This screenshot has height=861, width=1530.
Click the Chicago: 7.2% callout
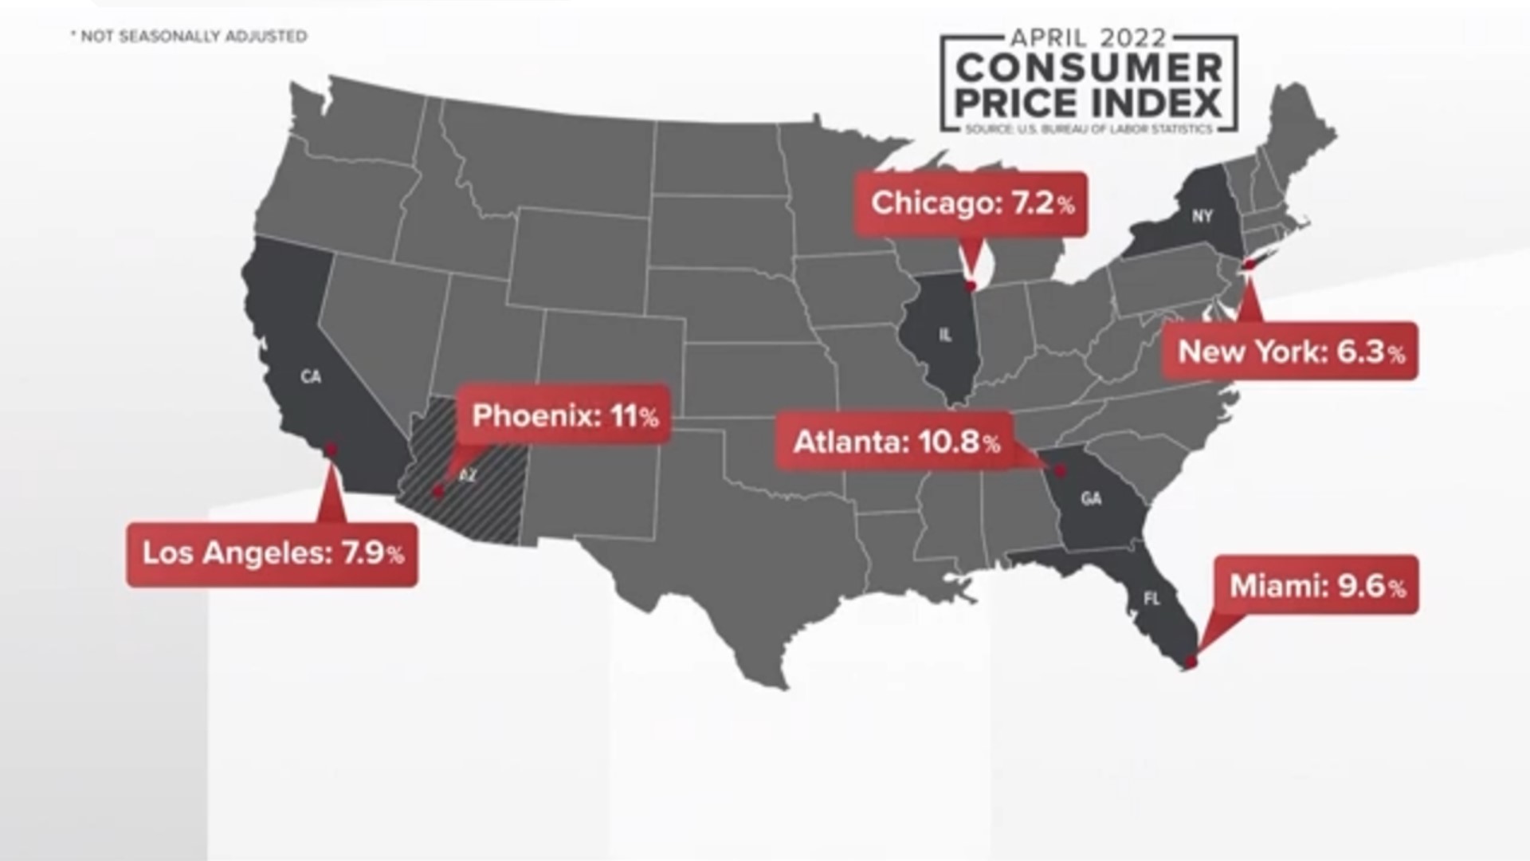tap(971, 203)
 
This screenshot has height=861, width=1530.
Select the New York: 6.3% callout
tap(1290, 352)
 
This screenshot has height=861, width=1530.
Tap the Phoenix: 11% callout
tap(564, 415)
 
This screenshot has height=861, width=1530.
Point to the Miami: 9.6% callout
tap(1316, 586)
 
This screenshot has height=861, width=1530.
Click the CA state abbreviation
tap(311, 376)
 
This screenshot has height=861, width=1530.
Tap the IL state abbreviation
tap(945, 336)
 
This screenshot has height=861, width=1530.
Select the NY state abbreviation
tap(1202, 215)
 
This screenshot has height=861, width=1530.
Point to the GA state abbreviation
tap(1091, 499)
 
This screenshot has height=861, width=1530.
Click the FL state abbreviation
tap(1151, 599)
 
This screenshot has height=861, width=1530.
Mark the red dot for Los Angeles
tap(331, 450)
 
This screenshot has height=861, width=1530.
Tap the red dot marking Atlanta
tap(1061, 471)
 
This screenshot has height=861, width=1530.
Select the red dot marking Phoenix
tap(437, 492)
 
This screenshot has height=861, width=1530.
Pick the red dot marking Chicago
tap(971, 286)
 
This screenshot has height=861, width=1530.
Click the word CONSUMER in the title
tap(1089, 69)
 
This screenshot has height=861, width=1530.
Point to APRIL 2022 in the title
tap(1089, 37)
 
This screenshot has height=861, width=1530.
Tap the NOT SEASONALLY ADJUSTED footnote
tap(190, 36)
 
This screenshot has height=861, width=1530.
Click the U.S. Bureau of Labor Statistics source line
tap(1089, 128)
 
